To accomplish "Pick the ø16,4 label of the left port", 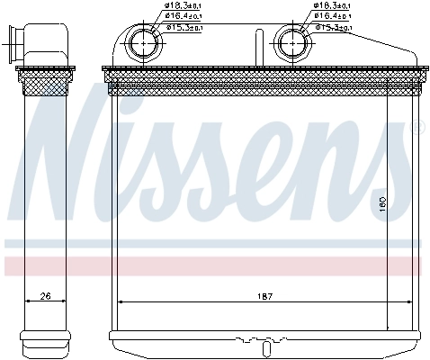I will click(185, 17).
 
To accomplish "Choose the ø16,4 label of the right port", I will click(334, 17).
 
